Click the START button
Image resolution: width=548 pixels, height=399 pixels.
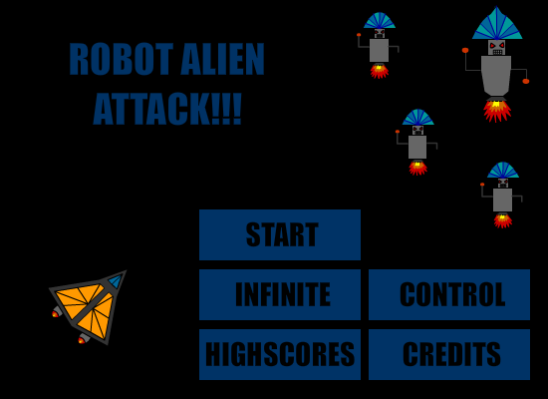pos(280,234)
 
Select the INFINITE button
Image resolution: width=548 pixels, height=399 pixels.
pos(280,294)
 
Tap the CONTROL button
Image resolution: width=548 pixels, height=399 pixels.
pos(449,294)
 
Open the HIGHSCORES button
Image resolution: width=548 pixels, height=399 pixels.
pos(280,354)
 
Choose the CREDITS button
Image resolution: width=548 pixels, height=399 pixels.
pos(449,354)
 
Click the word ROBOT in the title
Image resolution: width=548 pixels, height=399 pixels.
pos(122,59)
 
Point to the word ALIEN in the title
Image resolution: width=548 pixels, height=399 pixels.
pos(222,59)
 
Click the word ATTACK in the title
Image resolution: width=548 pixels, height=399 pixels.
pos(152,109)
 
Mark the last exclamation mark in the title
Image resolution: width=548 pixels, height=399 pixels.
pos(237,109)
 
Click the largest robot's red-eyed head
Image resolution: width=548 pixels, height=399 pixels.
pos(496,47)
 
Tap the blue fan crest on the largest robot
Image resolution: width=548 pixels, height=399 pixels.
pos(497,24)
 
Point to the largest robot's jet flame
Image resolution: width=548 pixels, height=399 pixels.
pos(497,111)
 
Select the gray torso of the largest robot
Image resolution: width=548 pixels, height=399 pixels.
pos(496,76)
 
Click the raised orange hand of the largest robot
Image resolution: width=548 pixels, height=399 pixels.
pos(465,51)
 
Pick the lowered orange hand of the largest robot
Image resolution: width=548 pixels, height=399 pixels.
pos(526,81)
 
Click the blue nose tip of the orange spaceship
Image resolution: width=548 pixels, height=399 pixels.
pos(117,280)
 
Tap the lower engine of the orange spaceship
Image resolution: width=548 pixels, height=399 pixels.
pos(83,339)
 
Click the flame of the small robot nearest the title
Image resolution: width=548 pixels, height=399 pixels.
pos(380,71)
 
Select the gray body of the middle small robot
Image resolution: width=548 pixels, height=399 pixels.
pos(417,147)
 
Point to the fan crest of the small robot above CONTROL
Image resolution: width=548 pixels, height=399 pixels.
pos(503,171)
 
